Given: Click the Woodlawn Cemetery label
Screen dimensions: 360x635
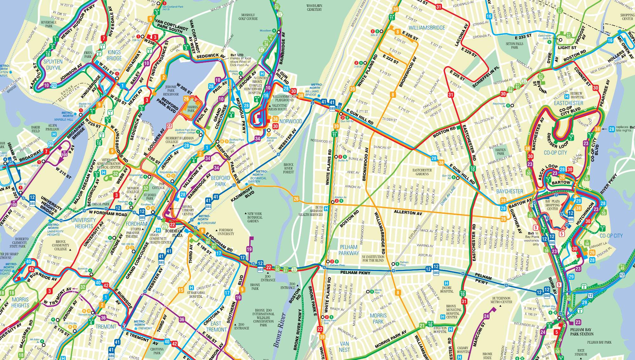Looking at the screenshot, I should (x=314, y=8).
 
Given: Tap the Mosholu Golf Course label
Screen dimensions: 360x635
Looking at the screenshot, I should (x=248, y=17).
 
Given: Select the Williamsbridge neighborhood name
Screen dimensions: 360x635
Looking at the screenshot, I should (x=427, y=28).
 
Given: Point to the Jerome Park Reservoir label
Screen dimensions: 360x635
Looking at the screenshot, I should (x=170, y=90).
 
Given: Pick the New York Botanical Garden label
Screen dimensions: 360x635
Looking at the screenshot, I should (x=255, y=217).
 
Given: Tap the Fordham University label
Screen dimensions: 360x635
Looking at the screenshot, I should (x=226, y=232).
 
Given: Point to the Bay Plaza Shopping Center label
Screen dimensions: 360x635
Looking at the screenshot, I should (x=552, y=205).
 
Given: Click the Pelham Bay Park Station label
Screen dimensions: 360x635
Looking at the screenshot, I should (x=582, y=332).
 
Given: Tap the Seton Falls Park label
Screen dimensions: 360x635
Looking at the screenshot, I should (x=514, y=45).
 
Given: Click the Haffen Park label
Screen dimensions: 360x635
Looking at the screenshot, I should (x=500, y=151).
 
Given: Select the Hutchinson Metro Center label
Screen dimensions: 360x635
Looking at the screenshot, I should (x=501, y=300).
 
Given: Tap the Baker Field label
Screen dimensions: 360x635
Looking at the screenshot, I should (x=36, y=129).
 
